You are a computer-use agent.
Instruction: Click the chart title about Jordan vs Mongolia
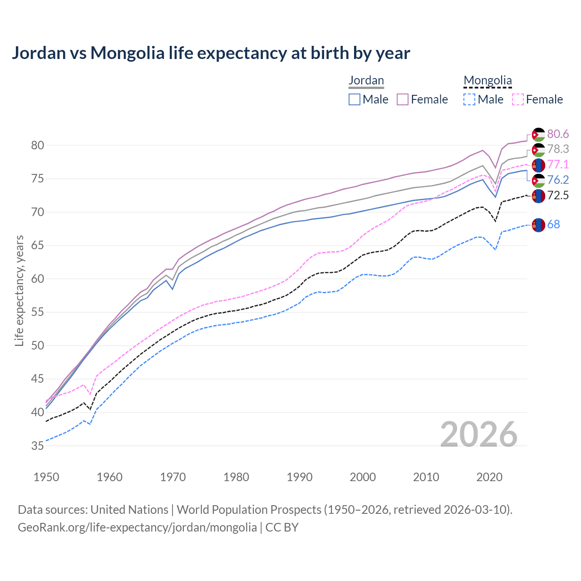(x=211, y=53)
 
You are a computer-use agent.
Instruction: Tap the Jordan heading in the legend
(x=366, y=80)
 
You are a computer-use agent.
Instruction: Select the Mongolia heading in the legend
(x=487, y=81)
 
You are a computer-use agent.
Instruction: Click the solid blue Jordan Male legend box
(x=355, y=99)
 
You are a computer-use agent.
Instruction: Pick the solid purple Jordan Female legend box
(x=403, y=99)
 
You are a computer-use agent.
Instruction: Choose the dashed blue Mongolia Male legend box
(x=469, y=99)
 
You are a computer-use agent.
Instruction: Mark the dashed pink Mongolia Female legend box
(x=518, y=99)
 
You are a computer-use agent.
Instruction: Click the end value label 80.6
(x=558, y=134)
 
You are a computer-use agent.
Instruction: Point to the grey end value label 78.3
(x=558, y=149)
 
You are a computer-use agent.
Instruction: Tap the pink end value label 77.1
(x=558, y=164)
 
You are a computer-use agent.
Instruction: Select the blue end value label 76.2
(x=558, y=180)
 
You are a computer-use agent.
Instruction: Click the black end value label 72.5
(x=558, y=195)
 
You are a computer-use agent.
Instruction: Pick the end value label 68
(x=553, y=224)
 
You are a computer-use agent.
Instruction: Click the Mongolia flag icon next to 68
(x=538, y=225)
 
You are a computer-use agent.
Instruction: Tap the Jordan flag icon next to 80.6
(x=538, y=135)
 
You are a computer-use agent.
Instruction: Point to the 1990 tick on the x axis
(x=300, y=477)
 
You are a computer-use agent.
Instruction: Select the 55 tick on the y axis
(x=37, y=312)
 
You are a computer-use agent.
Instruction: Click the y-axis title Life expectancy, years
(x=19, y=290)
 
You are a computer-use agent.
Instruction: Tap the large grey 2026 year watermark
(x=479, y=434)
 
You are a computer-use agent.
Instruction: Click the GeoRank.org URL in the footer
(x=137, y=527)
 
